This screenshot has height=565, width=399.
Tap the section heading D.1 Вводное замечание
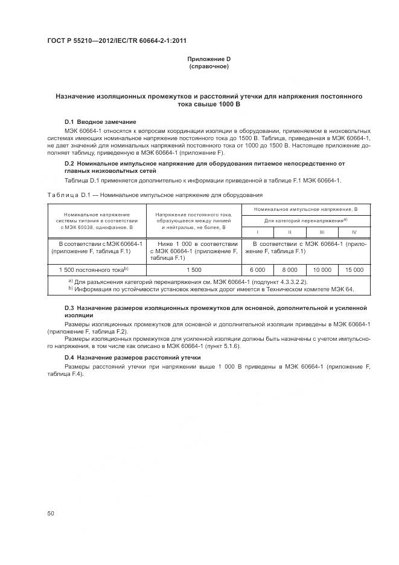tap(100, 121)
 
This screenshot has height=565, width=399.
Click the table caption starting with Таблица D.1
tap(155, 195)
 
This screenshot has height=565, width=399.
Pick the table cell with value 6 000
tap(258, 270)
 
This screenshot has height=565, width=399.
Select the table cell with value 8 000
tap(290, 270)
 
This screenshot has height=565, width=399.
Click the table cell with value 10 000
tap(322, 270)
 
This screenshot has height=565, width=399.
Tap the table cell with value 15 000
tap(354, 270)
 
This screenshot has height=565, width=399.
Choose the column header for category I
tap(258, 231)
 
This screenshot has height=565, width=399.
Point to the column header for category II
tap(290, 231)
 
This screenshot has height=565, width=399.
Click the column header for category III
tap(322, 231)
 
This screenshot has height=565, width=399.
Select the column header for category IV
tap(354, 231)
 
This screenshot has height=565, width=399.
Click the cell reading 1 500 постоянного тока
tap(97, 270)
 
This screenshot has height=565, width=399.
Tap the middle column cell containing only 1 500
tap(194, 270)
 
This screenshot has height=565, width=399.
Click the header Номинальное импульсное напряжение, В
tap(306, 209)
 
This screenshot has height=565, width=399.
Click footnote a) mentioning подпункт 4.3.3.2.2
tap(187, 282)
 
